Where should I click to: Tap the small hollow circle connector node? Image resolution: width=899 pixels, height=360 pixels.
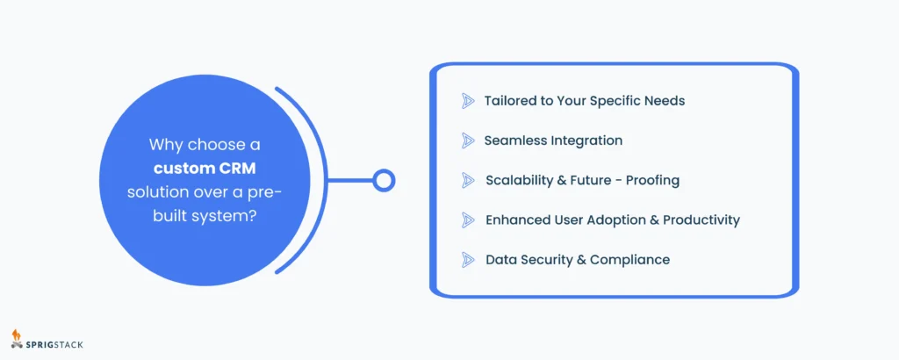pos(384,180)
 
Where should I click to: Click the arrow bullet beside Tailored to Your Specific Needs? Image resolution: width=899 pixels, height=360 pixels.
pos(468,101)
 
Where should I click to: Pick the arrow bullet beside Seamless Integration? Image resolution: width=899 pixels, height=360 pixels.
pos(468,140)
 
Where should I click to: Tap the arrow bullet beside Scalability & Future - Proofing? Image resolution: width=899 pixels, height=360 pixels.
pos(468,180)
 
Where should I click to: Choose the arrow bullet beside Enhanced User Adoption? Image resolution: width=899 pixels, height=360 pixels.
pos(468,220)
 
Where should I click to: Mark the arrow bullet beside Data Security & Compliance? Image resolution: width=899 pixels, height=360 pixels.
pos(468,259)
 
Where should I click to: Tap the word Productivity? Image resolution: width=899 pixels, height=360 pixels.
pos(698,220)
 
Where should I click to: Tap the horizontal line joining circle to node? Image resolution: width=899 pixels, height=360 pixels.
pos(349,180)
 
